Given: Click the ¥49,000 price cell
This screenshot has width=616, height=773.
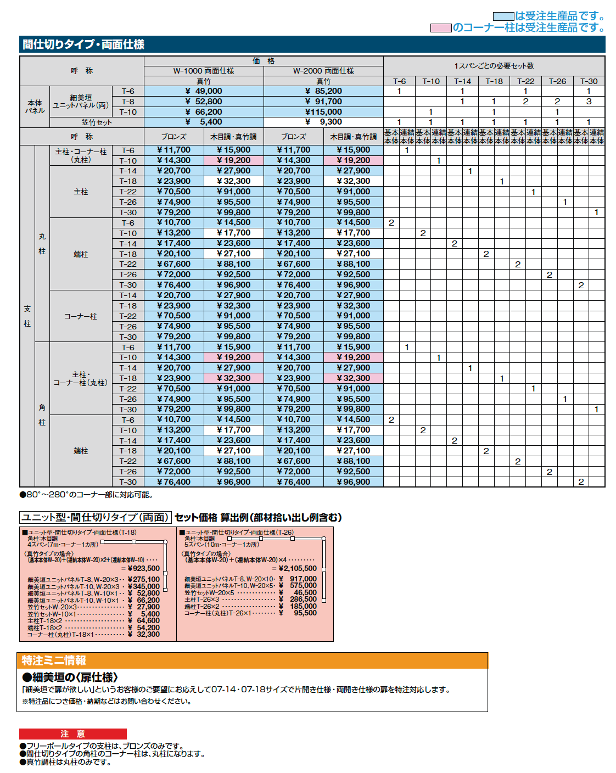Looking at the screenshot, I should pos(204,91).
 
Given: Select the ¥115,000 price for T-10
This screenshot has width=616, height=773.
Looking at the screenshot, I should pos(323,112).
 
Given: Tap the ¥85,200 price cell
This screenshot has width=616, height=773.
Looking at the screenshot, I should pos(323,91).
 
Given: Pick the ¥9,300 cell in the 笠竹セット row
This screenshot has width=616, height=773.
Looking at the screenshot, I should pos(323,122).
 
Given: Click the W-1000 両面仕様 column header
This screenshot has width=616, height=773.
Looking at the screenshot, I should pos(204,71).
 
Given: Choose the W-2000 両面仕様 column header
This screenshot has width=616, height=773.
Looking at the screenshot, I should pos(323,71).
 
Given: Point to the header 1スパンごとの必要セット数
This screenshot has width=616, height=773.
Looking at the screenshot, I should pos(494,66).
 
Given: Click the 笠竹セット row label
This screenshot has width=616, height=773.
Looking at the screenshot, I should pos(97,122).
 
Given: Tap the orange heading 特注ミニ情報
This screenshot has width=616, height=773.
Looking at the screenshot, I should pos(54,660).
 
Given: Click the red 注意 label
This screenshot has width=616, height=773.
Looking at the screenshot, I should pos(72,734).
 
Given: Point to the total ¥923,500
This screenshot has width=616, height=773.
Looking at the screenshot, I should pos(144,569).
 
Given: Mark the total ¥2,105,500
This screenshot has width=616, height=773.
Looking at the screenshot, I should pos(298,569).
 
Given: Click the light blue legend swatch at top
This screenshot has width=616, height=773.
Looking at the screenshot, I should pos(503,16).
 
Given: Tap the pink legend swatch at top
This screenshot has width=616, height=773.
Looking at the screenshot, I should pos(441,27).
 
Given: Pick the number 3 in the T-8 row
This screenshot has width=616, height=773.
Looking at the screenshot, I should pos(589,102).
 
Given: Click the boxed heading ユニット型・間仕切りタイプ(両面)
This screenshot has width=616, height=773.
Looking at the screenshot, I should pos(96,517).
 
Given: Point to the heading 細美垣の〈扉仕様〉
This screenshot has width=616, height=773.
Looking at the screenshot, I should pos(70,677).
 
